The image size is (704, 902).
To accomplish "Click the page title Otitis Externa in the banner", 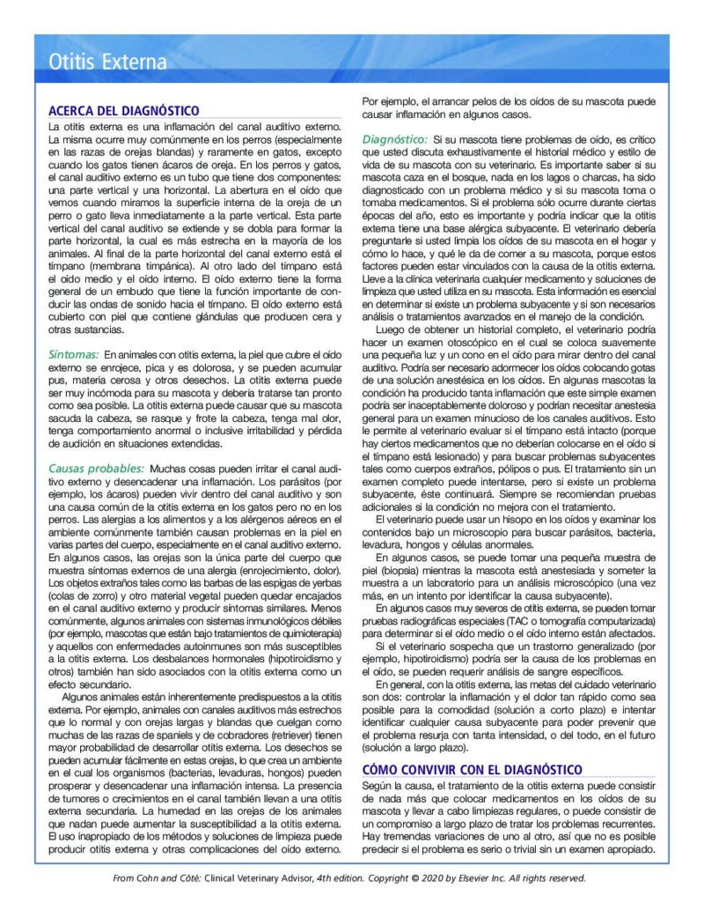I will (x=107, y=63).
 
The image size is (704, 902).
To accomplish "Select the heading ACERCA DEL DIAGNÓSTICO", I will (x=124, y=111).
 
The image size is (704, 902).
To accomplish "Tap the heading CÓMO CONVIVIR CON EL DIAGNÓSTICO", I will (x=472, y=769).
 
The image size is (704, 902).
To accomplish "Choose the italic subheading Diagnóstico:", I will (x=395, y=140).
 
